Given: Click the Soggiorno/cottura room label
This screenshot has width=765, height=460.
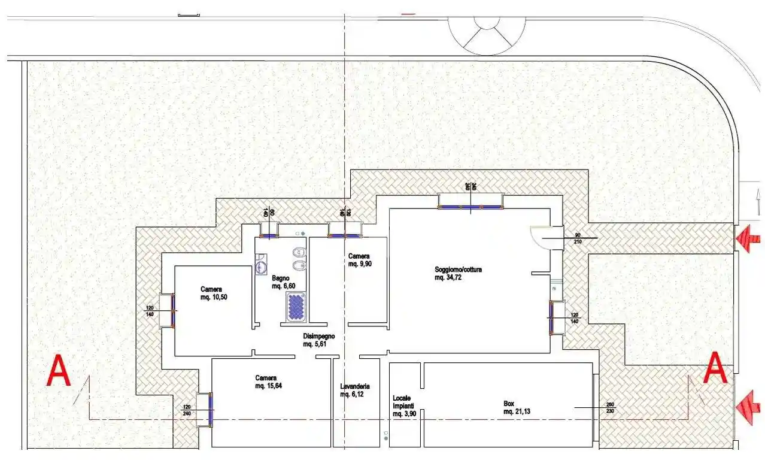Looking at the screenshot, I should coord(458,274).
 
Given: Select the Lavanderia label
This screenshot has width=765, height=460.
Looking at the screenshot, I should coord(354,391).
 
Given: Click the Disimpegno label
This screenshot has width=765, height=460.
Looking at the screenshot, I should coord(318,340).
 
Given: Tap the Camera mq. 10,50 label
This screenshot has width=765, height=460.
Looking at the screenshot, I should coord(214,293).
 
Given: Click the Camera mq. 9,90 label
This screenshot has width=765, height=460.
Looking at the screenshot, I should coord(360,260).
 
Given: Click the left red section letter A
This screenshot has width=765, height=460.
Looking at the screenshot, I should coord(59,371).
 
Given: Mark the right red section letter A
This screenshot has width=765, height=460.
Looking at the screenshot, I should coord(715,368).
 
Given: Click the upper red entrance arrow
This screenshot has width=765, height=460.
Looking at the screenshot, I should coord(748,239).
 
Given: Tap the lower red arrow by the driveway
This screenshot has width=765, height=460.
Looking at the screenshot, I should coord(748,407).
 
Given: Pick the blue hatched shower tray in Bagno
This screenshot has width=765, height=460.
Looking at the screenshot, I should coord(295,307).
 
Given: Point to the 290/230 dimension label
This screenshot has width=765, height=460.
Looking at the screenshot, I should coord(610,408).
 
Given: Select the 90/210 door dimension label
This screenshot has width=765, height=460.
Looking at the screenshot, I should coord(578,238).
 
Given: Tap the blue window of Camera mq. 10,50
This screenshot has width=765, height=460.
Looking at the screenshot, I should coord(174,311).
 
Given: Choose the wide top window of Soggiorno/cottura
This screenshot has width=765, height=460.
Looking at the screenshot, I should coord(470,207).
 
